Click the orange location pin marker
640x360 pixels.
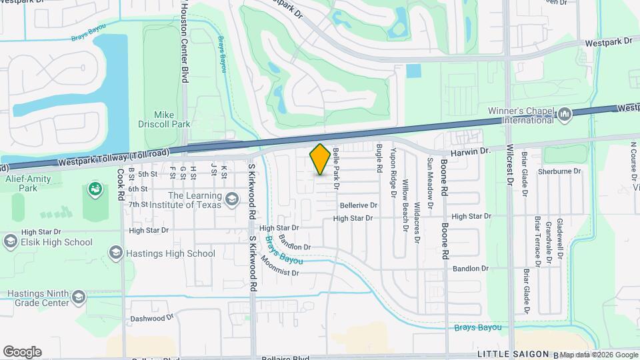[320, 159]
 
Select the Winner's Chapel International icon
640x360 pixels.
[565, 115]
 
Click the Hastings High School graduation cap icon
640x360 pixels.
[116, 253]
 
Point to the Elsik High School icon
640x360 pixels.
[11, 242]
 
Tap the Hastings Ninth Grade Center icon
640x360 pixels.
[79, 297]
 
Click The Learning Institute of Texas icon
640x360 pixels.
[231, 199]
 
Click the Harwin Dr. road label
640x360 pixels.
[471, 151]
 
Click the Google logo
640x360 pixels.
[22, 351]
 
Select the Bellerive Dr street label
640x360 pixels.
[358, 205]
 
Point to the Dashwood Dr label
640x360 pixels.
[151, 319]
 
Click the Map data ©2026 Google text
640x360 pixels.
[598, 355]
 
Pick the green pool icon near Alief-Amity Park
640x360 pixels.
[95, 189]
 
